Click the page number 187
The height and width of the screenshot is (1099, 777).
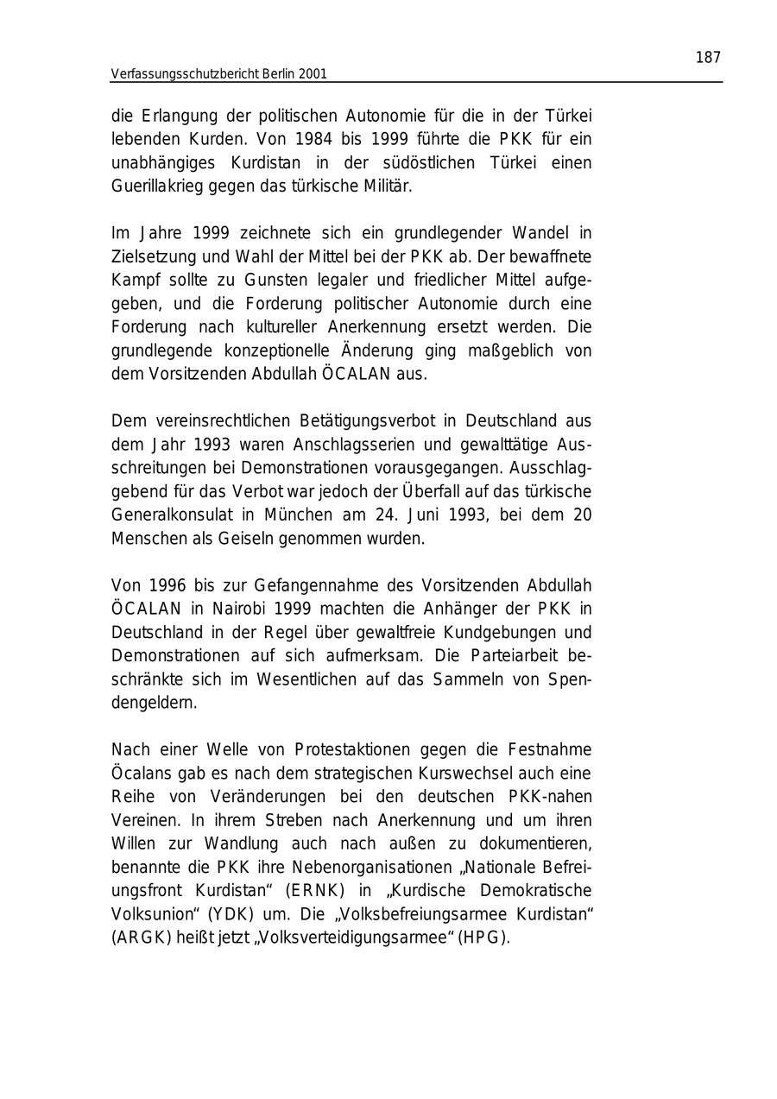707,58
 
